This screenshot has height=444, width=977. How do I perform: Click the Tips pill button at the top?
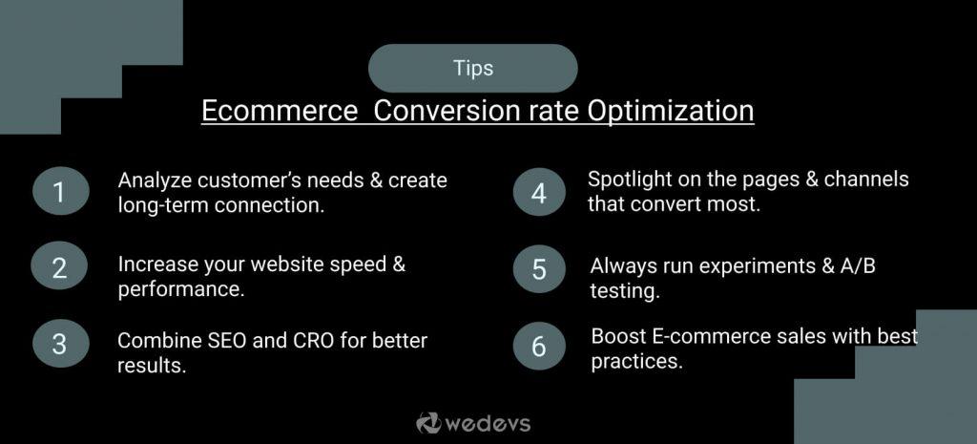pos(473,69)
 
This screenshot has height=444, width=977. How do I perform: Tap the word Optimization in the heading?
pos(670,111)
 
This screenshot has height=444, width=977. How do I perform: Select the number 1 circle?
pos(59,193)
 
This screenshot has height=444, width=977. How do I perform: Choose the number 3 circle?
pos(59,344)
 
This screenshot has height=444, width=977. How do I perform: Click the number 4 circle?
pos(539,194)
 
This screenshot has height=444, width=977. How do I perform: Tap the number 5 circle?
pos(539,269)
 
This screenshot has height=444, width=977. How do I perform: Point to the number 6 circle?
pos(539,346)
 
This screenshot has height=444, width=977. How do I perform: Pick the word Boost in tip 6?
pos(617,336)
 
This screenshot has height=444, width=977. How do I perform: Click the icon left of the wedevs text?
pos(427,422)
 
